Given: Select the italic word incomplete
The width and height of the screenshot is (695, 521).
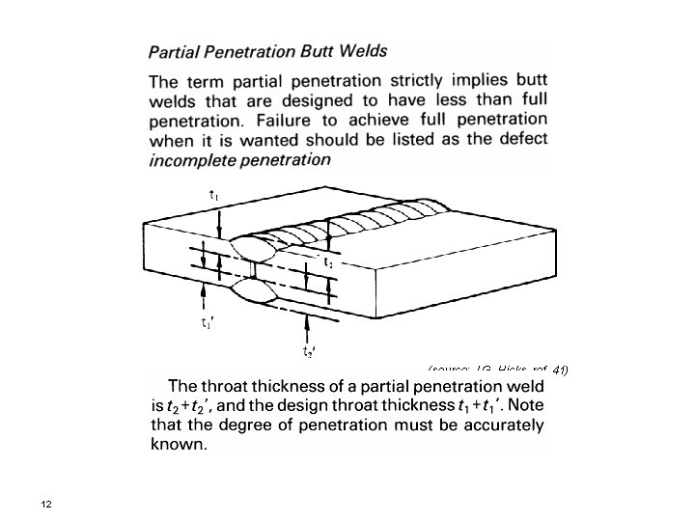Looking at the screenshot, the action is (194, 160).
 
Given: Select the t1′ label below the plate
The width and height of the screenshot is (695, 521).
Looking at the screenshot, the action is (207, 324).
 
